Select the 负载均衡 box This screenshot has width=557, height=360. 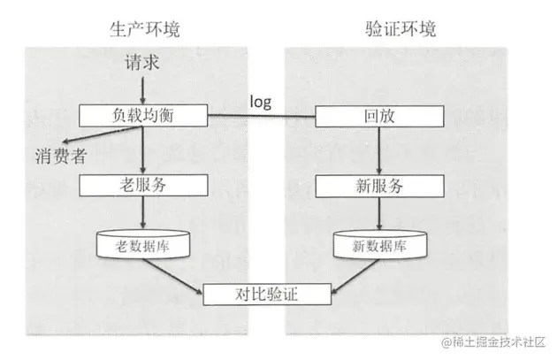click(142, 115)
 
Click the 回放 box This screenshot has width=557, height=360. click(377, 115)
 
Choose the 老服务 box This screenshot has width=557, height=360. click(142, 186)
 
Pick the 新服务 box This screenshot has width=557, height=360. click(377, 186)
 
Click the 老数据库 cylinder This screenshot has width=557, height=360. click(142, 243)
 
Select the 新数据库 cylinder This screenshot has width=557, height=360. click(377, 243)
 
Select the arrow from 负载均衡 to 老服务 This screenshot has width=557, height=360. click(142, 150)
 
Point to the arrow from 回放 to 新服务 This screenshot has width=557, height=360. click(377, 150)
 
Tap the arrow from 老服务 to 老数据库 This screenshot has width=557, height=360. click(142, 213)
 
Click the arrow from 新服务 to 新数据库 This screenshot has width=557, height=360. click(377, 213)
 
